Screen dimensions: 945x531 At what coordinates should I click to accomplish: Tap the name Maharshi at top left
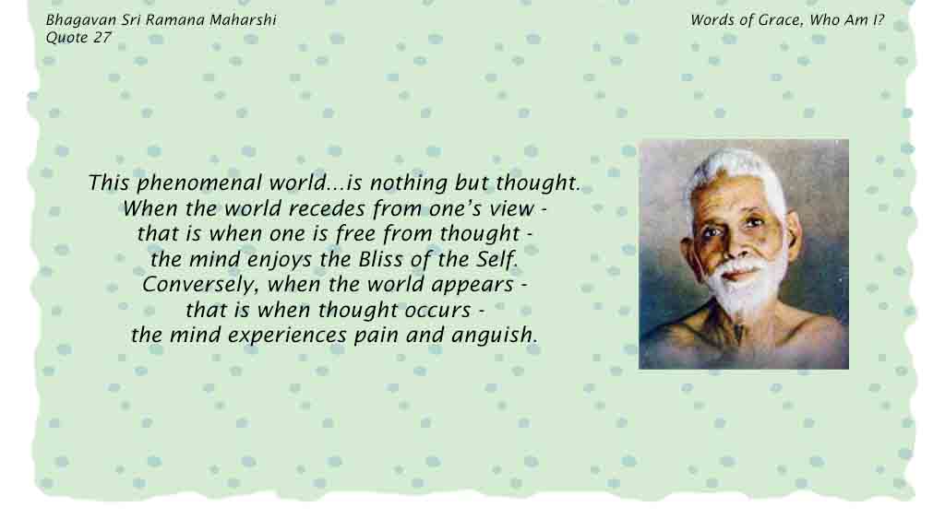pyautogui.click(x=243, y=20)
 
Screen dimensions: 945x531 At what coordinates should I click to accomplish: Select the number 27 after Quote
pyautogui.click(x=102, y=37)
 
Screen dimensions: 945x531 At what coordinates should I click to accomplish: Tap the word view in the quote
pyautogui.click(x=511, y=209)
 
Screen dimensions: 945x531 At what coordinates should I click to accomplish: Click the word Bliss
pyautogui.click(x=381, y=259)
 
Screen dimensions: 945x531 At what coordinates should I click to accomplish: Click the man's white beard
pyautogui.click(x=746, y=289)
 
